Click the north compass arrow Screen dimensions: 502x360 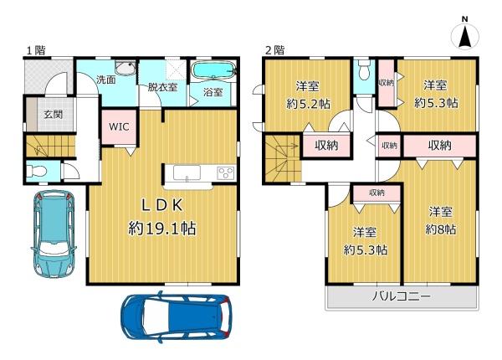[465, 38]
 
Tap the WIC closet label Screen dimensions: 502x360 [119, 126]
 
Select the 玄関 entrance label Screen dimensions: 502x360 [54, 115]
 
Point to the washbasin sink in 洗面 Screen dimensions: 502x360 [125, 68]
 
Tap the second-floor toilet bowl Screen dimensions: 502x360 [364, 71]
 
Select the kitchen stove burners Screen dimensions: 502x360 [226, 173]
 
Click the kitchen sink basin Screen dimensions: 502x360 [187, 173]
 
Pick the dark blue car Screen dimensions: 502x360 [176, 316]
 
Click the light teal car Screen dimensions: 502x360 [54, 234]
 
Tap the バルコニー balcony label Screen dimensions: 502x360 [401, 296]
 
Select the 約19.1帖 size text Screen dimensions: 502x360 [162, 229]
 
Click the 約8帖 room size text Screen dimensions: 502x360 [441, 229]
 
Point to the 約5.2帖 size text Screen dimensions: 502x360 [309, 104]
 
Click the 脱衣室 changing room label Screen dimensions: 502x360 [162, 87]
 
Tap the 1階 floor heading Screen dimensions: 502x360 [36, 50]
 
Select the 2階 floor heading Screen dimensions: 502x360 [275, 50]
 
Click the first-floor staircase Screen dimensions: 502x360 [50, 146]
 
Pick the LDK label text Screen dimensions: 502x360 [162, 205]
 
